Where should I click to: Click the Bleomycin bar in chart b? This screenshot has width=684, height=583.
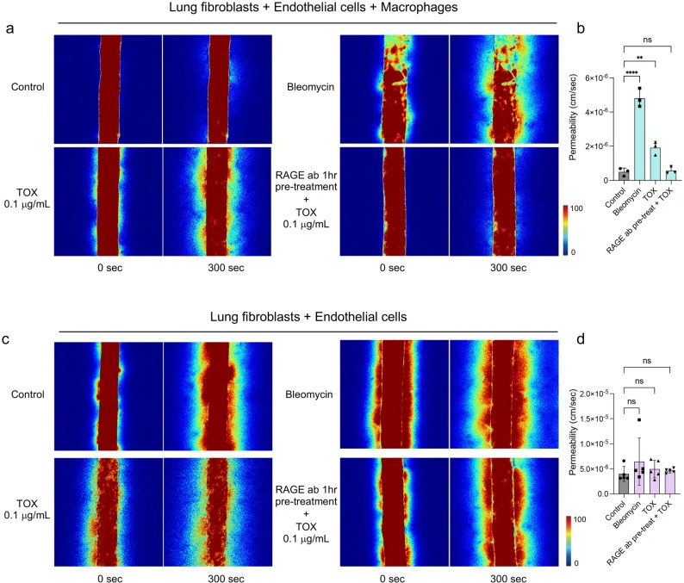[x=639, y=140]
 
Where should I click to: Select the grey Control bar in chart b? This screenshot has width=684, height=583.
[x=624, y=176]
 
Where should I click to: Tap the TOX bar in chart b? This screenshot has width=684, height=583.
[x=656, y=164]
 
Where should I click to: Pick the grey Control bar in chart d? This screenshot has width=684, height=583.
[x=624, y=484]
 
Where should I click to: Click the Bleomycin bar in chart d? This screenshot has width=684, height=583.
[x=639, y=478]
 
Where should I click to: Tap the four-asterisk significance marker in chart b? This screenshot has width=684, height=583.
[x=631, y=73]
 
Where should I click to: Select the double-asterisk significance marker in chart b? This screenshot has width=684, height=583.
[x=639, y=58]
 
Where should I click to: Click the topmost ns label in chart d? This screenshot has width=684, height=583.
[x=647, y=361]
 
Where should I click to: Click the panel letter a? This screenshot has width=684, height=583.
[x=9, y=28]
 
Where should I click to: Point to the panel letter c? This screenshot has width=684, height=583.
[x=6, y=338]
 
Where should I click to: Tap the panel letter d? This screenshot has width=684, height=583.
[x=581, y=338]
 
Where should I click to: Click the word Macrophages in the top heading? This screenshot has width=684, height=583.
[x=420, y=7]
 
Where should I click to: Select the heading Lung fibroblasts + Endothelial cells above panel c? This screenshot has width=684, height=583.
[x=308, y=317]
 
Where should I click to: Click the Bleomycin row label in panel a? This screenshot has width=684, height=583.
[x=310, y=87]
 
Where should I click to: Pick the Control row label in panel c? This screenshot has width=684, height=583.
[x=28, y=394]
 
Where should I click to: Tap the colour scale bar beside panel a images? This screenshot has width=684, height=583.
[x=565, y=230]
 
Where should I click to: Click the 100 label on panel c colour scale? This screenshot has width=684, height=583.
[x=580, y=519]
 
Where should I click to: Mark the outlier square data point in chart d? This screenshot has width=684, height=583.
[x=639, y=420]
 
